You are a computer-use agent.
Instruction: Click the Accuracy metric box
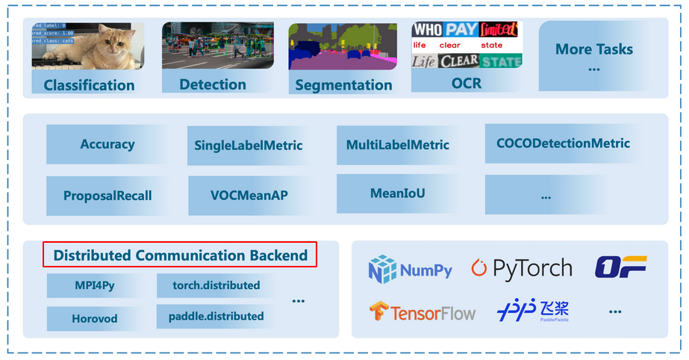pyautogui.click(x=107, y=144)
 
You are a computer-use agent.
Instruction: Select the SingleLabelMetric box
pyautogui.click(x=249, y=145)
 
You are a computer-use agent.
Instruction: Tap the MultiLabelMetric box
pyautogui.click(x=397, y=144)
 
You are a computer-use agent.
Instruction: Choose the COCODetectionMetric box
pyautogui.click(x=563, y=143)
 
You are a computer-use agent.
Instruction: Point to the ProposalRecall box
pyautogui.click(x=107, y=196)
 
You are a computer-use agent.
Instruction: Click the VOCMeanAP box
pyautogui.click(x=249, y=196)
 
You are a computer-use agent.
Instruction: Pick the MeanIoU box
pyautogui.click(x=397, y=193)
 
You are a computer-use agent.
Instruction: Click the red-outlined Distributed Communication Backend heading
pyautogui.click(x=180, y=255)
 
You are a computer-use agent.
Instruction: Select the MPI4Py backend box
pyautogui.click(x=95, y=285)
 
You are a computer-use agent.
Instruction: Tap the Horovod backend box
pyautogui.click(x=95, y=318)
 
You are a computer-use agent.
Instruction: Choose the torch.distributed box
pyautogui.click(x=216, y=285)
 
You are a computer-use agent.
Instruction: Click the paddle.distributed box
pyautogui.click(x=216, y=316)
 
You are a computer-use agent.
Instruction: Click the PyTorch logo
pyautogui.click(x=522, y=269)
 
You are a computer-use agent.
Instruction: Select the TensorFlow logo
pyautogui.click(x=423, y=312)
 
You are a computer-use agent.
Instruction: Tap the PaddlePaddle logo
pyautogui.click(x=533, y=311)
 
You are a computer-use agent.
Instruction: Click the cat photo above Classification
pyautogui.click(x=88, y=46)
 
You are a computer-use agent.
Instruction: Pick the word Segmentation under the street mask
pyautogui.click(x=343, y=85)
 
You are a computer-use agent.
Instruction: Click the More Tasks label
pyautogui.click(x=594, y=50)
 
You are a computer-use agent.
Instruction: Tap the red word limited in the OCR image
pyautogui.click(x=498, y=30)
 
